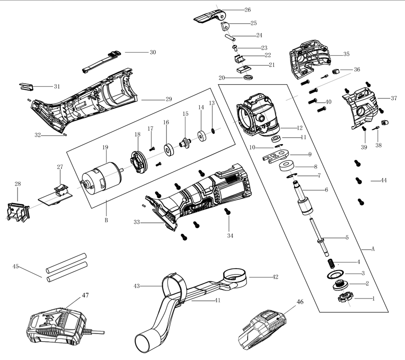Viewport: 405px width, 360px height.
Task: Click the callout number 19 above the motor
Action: point(106,147)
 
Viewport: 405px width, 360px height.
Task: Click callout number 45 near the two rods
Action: point(16,266)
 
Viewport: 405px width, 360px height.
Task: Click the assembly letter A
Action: point(373,249)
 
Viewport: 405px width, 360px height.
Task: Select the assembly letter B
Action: point(106,220)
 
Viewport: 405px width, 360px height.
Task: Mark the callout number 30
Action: point(152,52)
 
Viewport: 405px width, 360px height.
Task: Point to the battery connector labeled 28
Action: point(16,210)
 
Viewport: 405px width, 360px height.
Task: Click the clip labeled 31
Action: point(27,87)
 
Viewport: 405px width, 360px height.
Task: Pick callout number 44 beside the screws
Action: point(384,181)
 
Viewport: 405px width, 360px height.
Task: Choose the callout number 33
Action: point(137,221)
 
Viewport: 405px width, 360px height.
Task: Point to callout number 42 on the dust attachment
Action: point(275,276)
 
